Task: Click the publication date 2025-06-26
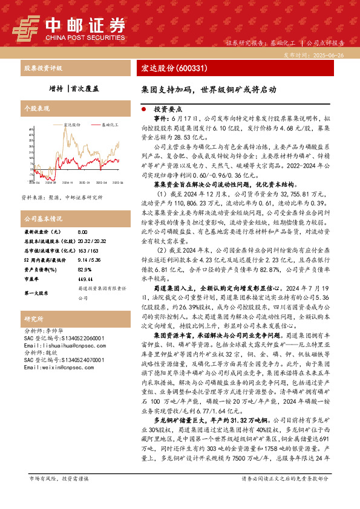pos(330,54)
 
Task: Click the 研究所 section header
pos(33,319)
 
